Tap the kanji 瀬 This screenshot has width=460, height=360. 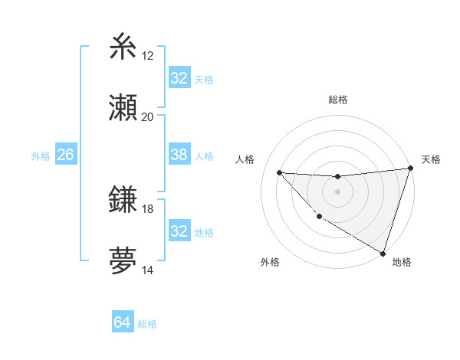[x=123, y=107]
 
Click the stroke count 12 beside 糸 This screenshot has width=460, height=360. [x=148, y=56]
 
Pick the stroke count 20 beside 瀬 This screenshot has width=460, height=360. [x=148, y=116]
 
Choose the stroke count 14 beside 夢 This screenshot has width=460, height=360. [x=148, y=270]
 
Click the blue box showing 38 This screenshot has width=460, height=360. [x=179, y=155]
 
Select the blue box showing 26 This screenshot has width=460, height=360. [x=65, y=155]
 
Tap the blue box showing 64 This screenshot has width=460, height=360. [x=122, y=322]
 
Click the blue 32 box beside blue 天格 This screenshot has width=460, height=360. [x=179, y=78]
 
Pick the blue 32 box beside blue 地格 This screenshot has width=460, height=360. [x=179, y=231]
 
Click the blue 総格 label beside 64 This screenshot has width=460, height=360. [x=147, y=324]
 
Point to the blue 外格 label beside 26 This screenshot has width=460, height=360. [x=41, y=156]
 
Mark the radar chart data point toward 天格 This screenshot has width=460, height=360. [x=410, y=169]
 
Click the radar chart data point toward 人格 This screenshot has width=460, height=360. [x=279, y=172]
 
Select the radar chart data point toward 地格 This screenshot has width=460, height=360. [x=383, y=254]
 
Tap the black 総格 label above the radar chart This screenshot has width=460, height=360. [x=338, y=100]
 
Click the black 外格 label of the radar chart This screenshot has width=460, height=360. [x=270, y=262]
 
